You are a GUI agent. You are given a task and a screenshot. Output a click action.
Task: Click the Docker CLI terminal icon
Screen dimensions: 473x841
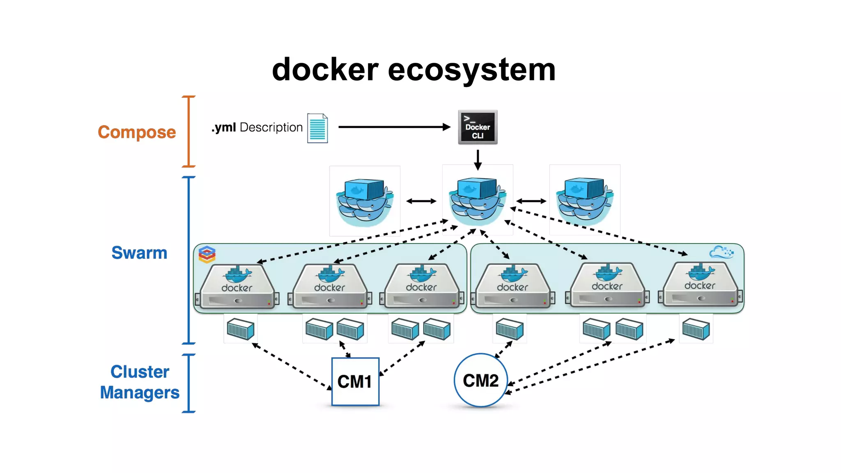click(x=478, y=127)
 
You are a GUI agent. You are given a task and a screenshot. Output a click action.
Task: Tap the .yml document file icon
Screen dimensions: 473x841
click(x=317, y=128)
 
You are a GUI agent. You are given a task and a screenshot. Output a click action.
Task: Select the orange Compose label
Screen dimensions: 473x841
click(x=137, y=132)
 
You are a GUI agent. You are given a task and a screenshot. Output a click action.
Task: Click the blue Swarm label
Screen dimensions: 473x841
click(x=139, y=253)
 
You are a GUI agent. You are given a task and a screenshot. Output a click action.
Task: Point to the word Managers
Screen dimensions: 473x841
click(x=140, y=393)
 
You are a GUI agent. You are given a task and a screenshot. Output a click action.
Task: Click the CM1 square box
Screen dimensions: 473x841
click(x=355, y=381)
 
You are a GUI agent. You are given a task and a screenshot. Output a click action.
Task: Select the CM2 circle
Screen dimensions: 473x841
click(x=480, y=380)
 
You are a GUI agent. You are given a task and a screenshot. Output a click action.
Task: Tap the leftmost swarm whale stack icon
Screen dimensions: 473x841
click(x=365, y=201)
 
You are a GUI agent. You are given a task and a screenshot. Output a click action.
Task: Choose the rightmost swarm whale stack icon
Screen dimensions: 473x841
click(x=584, y=200)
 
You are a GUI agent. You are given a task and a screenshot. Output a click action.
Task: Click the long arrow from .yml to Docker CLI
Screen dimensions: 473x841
click(x=394, y=127)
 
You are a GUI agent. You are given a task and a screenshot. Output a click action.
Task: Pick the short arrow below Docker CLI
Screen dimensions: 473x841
click(x=478, y=160)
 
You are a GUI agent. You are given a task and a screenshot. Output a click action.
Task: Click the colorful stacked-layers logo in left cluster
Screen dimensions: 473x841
click(x=207, y=255)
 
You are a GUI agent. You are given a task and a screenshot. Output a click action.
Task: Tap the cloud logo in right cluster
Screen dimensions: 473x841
click(x=721, y=252)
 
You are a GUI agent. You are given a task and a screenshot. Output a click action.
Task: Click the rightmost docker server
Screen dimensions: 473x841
click(x=701, y=285)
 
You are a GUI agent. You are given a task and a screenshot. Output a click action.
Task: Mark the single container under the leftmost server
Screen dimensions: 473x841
click(x=241, y=329)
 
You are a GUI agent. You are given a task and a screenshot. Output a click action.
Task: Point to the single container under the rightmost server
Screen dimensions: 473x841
click(x=696, y=330)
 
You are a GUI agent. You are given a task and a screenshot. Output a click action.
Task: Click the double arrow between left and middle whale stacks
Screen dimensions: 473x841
click(x=421, y=201)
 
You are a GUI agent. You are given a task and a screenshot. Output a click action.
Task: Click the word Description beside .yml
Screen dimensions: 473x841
click(x=271, y=128)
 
